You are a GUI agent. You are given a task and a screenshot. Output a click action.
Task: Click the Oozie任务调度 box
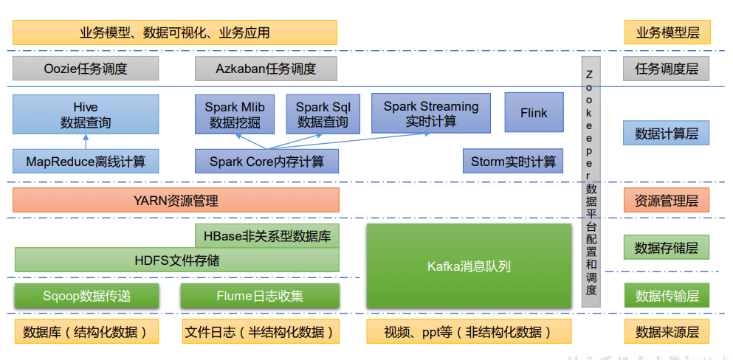86,69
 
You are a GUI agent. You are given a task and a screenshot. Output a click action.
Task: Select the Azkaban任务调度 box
266,69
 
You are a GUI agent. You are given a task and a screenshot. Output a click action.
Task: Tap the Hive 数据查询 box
86,114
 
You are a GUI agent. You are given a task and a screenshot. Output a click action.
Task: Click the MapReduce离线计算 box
86,161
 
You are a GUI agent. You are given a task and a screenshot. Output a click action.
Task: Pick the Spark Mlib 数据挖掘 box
235,114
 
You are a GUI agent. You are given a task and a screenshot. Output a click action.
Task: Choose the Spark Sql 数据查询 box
323,114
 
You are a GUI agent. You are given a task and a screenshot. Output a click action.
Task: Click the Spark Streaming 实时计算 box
431,113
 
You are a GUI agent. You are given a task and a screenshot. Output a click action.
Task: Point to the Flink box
534,113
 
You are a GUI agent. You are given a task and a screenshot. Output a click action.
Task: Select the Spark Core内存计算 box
266,161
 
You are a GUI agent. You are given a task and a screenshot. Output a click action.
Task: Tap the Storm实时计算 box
513,161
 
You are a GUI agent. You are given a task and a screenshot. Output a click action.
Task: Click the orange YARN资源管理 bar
176,200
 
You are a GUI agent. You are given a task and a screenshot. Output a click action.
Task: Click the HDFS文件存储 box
176,260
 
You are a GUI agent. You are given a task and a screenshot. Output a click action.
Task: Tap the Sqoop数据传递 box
86,296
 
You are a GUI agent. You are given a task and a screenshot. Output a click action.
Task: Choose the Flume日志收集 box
260,296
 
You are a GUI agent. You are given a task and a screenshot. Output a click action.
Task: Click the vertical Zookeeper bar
591,181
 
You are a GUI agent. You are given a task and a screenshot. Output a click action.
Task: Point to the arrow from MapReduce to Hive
86,142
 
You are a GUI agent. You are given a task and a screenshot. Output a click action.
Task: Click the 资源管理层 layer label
667,200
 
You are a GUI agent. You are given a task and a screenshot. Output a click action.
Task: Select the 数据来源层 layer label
667,331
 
